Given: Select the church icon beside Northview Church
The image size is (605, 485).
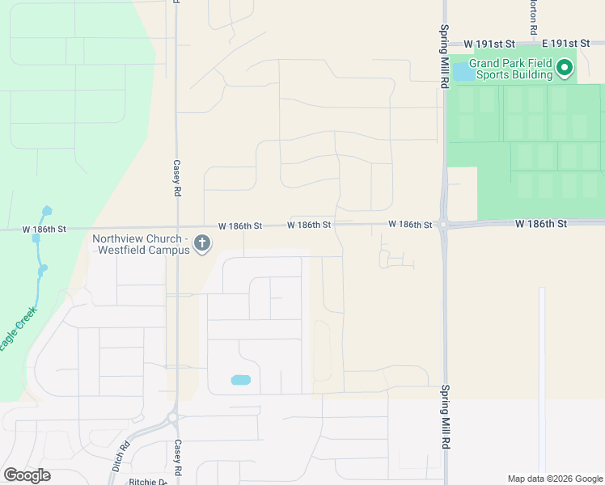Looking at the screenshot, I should (x=202, y=242).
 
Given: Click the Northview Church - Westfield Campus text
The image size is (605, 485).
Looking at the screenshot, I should (x=141, y=244).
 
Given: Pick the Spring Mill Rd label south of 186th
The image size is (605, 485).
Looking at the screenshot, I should (x=444, y=416).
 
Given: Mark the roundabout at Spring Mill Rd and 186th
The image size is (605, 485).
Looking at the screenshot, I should (x=444, y=225).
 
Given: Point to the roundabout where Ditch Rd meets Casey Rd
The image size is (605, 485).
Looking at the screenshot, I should (x=171, y=418).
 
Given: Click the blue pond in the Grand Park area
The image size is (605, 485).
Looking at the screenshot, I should (x=463, y=72).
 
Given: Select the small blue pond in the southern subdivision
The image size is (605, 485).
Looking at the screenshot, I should (x=240, y=380).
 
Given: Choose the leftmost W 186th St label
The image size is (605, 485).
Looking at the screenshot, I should (x=35, y=230).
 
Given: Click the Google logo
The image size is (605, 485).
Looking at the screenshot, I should (x=27, y=475).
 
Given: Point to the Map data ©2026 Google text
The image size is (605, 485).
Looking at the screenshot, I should (x=554, y=479).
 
